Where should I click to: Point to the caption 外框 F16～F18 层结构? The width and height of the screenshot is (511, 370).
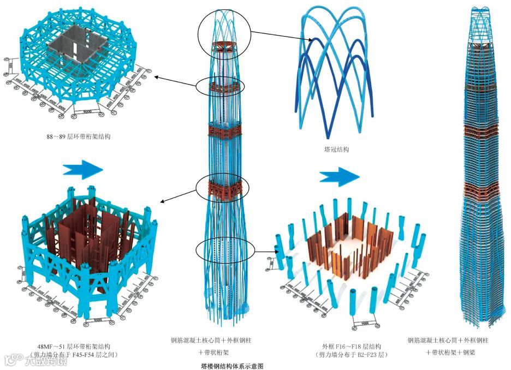click(352, 346)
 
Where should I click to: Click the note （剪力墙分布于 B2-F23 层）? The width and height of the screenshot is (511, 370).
click(351, 355)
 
